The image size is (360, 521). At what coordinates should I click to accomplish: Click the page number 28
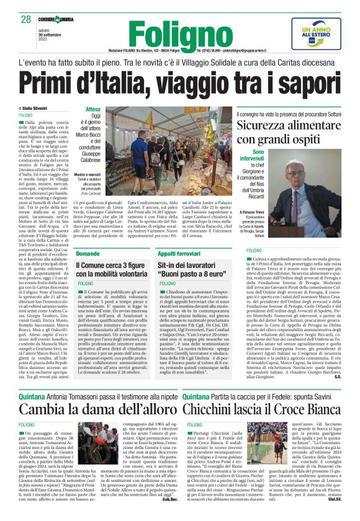25,20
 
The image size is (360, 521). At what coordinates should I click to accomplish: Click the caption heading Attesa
92,109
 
